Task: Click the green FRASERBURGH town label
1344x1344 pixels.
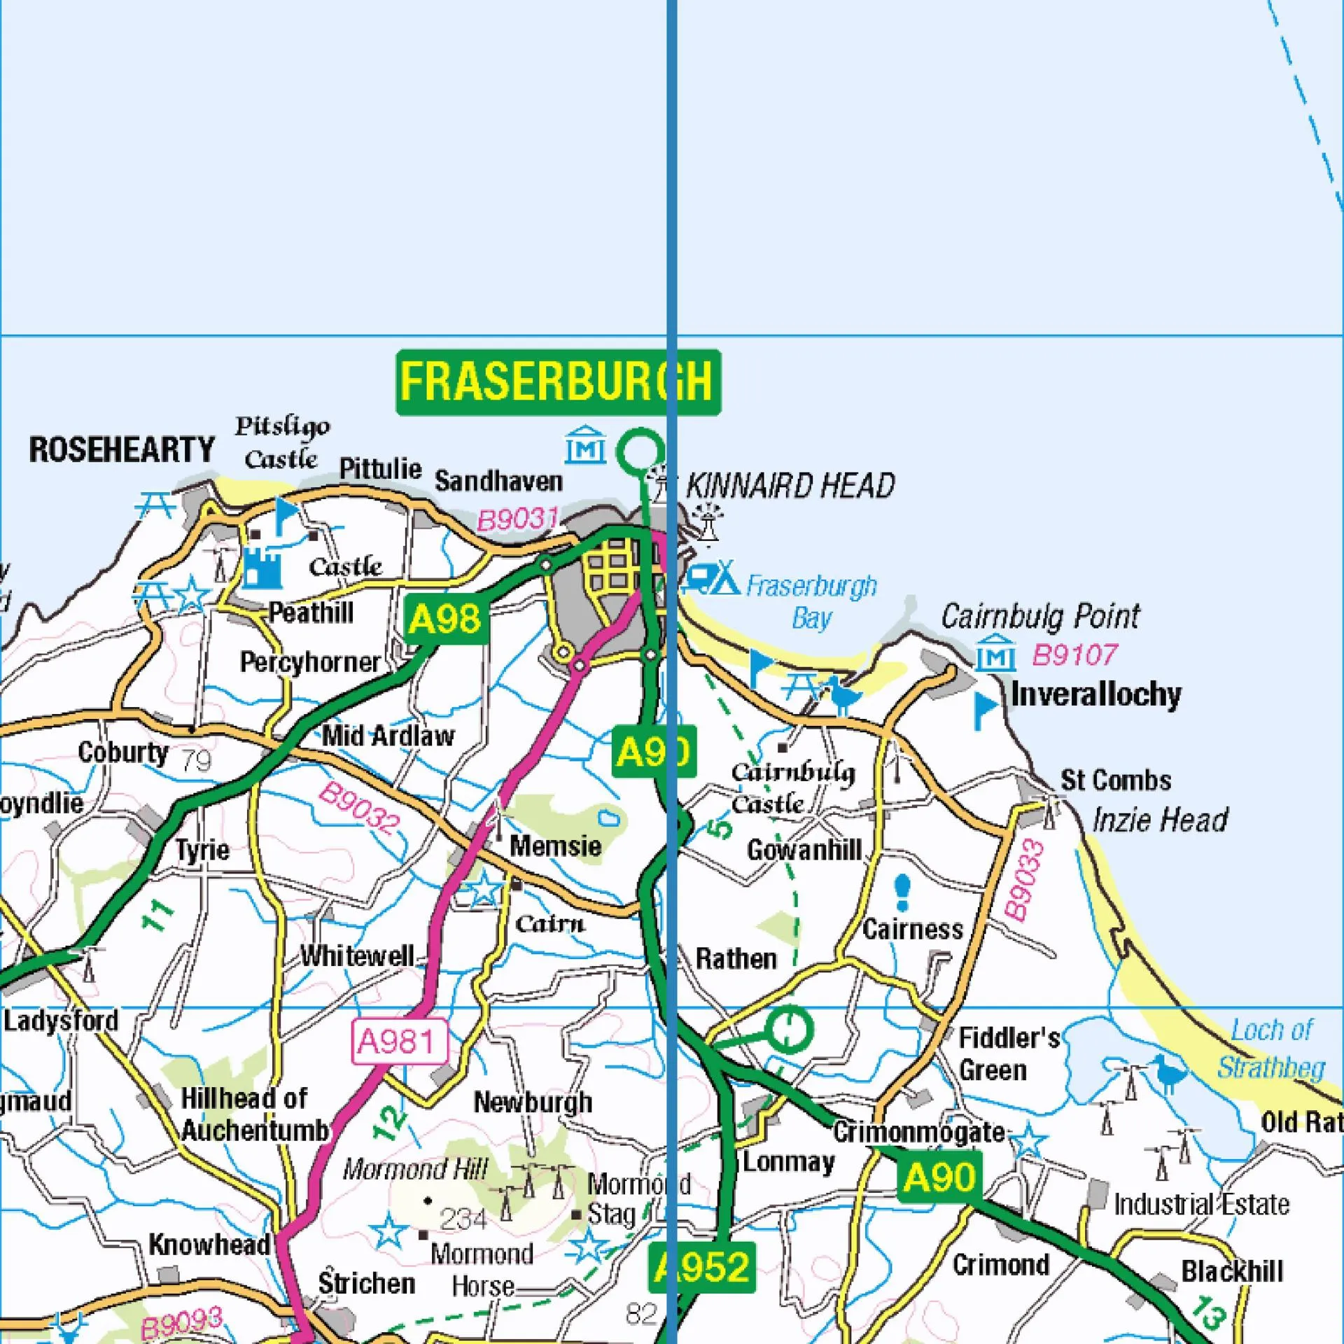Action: click(558, 382)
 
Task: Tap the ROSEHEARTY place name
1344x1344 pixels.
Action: click(121, 449)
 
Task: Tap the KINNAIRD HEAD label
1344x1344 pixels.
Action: click(790, 486)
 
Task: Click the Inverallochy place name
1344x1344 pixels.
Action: click(1095, 694)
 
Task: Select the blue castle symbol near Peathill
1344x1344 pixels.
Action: click(262, 569)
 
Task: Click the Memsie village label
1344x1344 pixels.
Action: click(555, 846)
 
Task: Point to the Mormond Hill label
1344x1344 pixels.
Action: click(415, 1169)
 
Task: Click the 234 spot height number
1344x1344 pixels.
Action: click(464, 1219)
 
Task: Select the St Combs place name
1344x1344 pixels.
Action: click(1115, 780)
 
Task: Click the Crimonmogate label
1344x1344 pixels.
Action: click(918, 1132)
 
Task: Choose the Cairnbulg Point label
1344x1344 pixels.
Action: click(1040, 616)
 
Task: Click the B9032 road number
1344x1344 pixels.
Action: click(358, 809)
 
